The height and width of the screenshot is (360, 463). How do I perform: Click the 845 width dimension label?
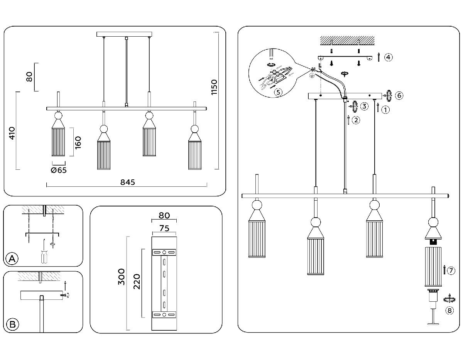click(127, 183)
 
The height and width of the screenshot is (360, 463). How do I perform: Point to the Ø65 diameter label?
click(59, 170)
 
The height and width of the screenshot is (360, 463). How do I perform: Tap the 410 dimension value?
click(12, 133)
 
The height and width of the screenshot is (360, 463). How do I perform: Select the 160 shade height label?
click(78, 142)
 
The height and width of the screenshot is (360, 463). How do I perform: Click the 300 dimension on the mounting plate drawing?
click(122, 277)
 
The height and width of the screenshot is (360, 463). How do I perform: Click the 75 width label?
click(164, 228)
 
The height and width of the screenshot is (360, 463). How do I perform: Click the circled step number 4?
click(388, 57)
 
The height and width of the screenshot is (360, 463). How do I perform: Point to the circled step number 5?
click(277, 92)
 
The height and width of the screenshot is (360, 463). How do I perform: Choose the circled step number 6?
click(399, 95)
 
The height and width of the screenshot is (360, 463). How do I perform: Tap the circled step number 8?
click(448, 310)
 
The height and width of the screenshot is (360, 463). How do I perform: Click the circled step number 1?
click(385, 110)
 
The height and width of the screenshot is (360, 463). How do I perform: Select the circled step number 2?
click(356, 120)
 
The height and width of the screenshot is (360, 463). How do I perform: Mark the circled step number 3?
click(364, 105)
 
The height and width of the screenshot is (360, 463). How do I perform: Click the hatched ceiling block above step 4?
click(347, 40)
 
